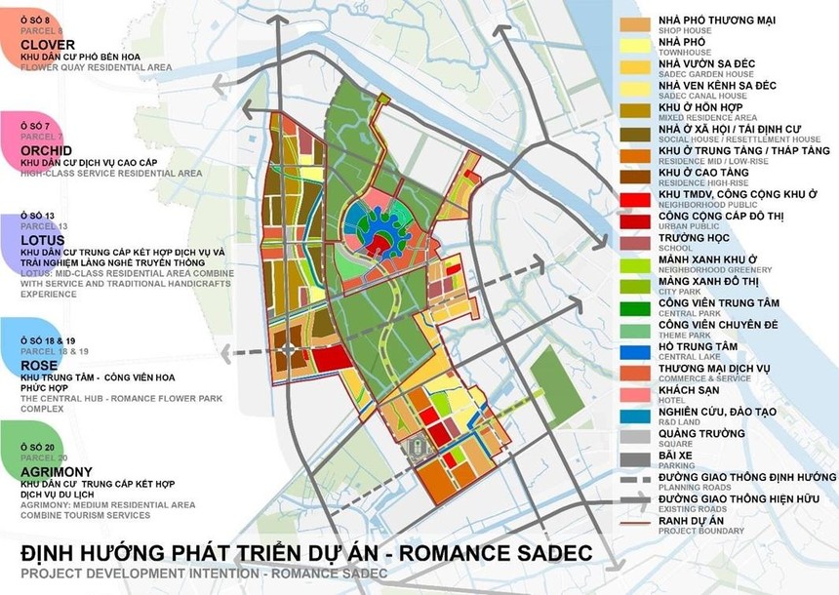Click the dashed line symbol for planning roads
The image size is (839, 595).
point(635,480)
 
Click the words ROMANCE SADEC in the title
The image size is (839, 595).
point(472,552)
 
